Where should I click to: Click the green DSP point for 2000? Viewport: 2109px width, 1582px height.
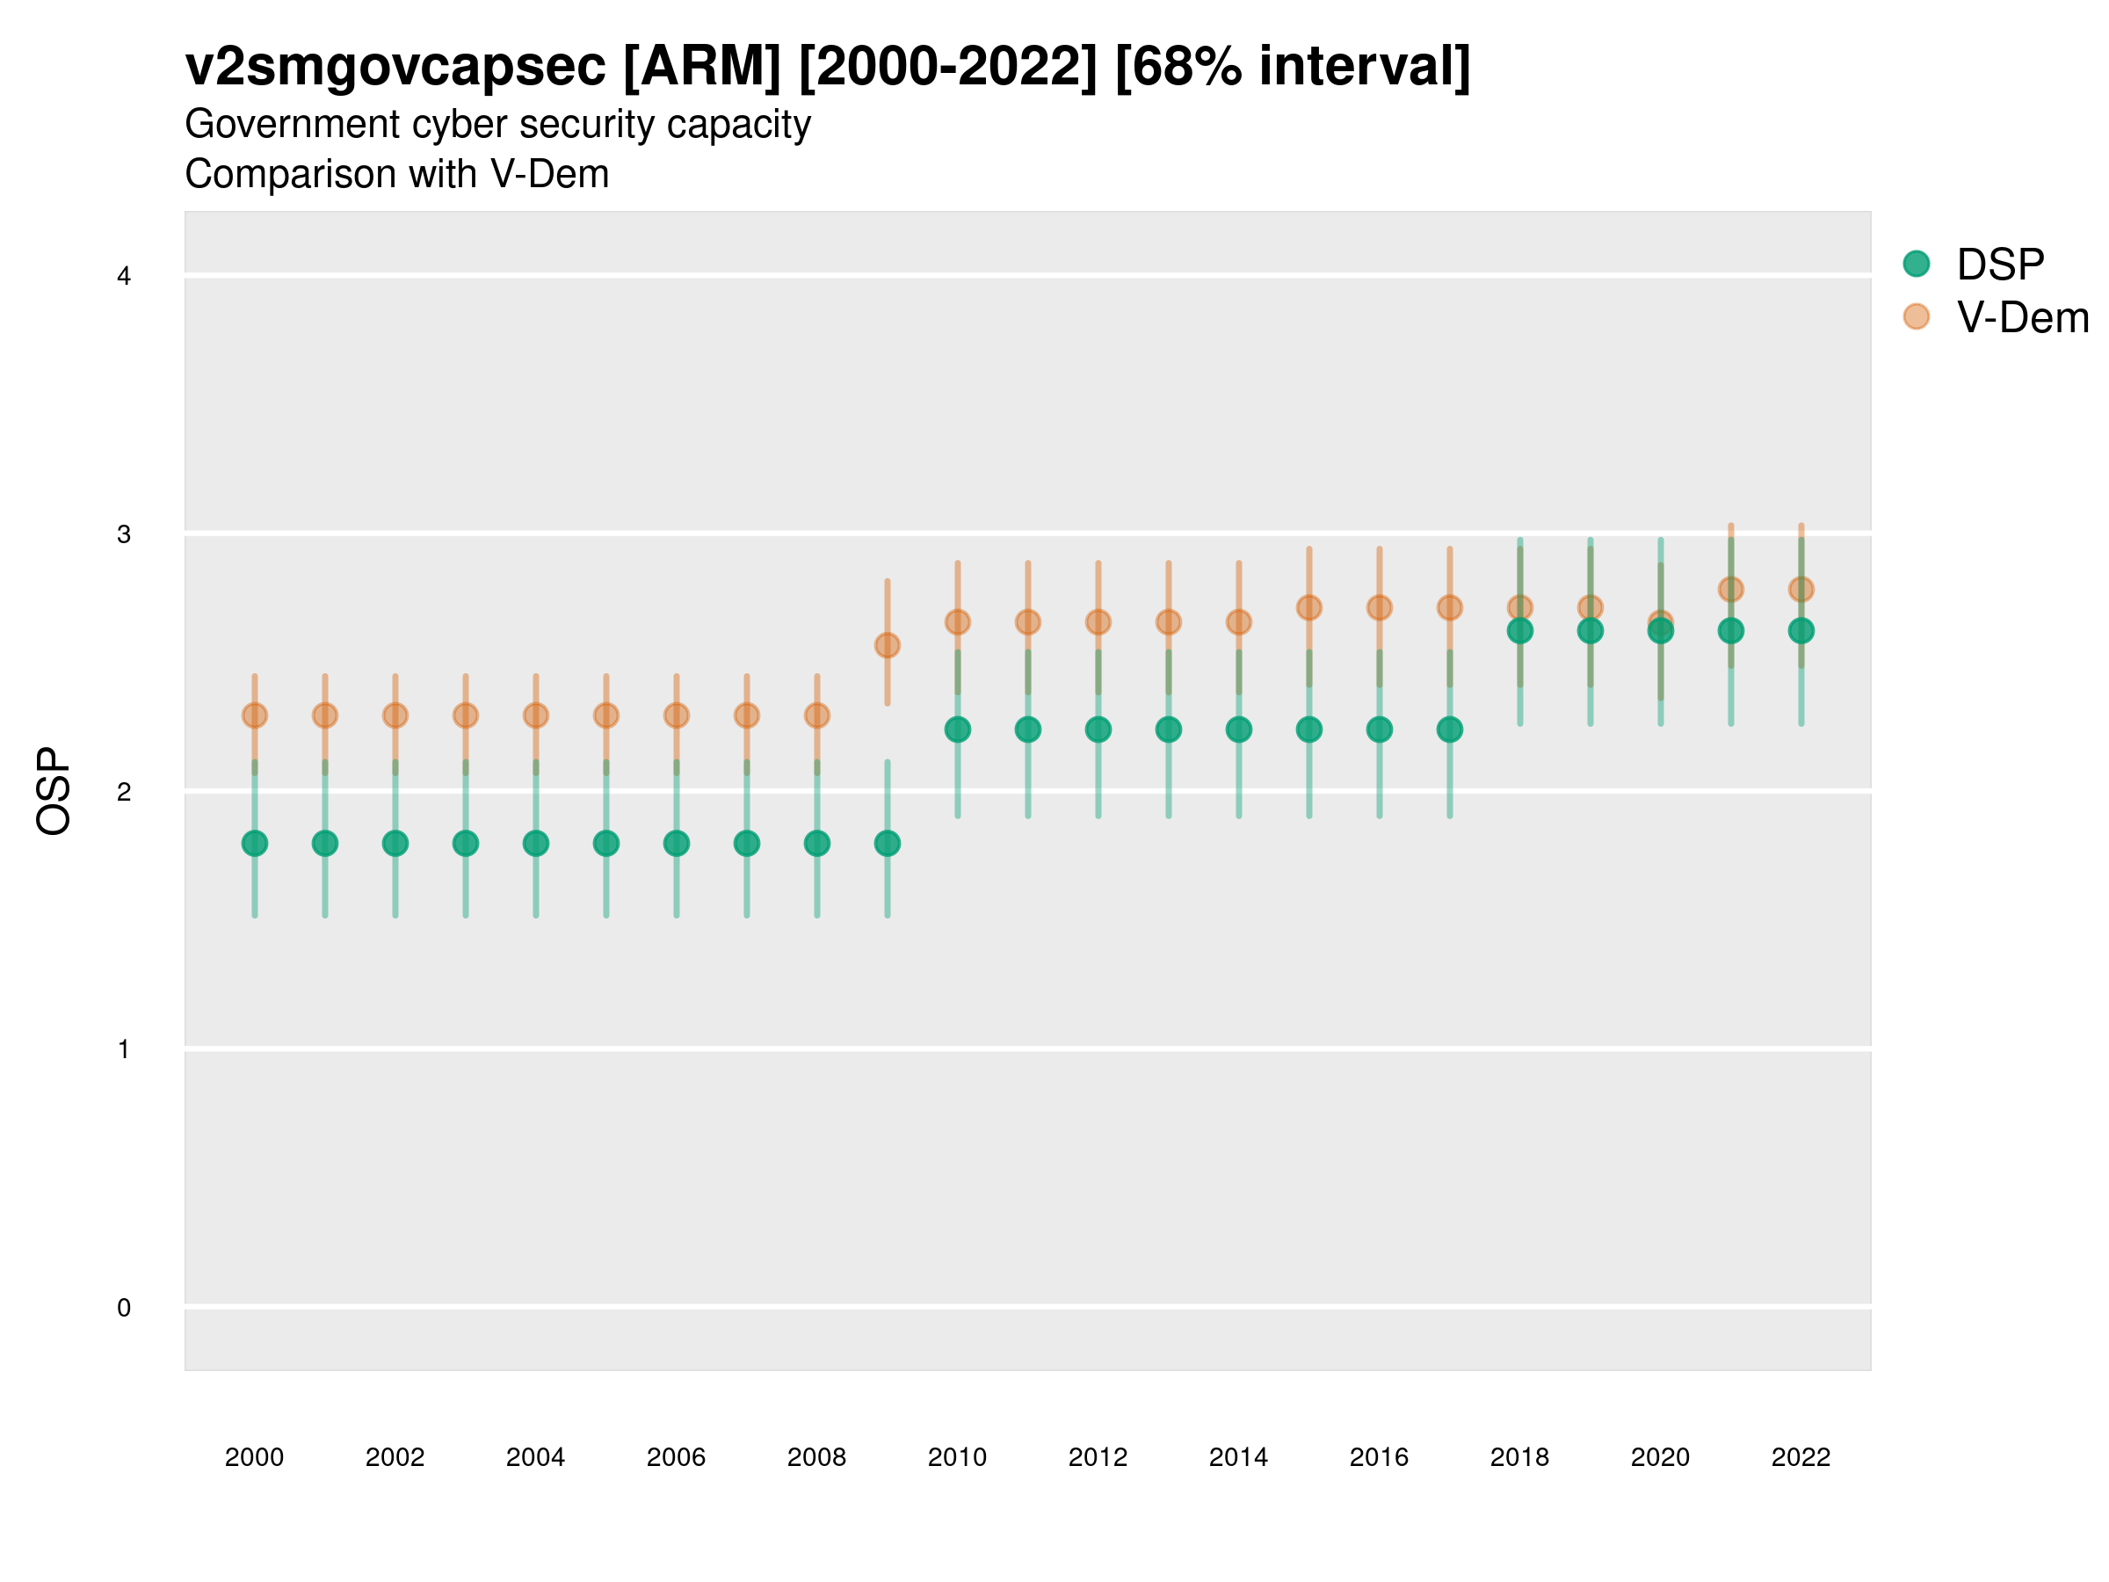[x=255, y=843]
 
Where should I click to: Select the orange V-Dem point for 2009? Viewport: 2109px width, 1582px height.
[x=887, y=646]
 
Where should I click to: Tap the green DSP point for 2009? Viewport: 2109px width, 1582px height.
[x=887, y=843]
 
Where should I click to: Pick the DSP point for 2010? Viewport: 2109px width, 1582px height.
[x=957, y=729]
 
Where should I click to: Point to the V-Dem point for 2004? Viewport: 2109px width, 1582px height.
[x=536, y=715]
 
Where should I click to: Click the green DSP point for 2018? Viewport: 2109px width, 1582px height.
[x=1519, y=630]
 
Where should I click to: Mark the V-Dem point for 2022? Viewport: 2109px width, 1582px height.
[x=1801, y=590]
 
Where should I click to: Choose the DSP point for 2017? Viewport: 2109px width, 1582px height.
[x=1449, y=729]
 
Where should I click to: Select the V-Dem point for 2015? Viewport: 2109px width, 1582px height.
[x=1309, y=607]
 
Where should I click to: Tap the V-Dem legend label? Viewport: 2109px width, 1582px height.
[x=2022, y=317]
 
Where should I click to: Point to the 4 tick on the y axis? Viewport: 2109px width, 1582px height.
[x=124, y=277]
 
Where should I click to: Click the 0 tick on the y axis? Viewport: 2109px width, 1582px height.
[x=124, y=1308]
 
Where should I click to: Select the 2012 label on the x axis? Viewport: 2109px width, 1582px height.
[x=1098, y=1457]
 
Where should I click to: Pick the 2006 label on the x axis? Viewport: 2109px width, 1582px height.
[x=676, y=1457]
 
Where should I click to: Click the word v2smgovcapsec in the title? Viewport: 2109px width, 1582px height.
[x=395, y=67]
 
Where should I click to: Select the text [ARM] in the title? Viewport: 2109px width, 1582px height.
[x=702, y=67]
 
